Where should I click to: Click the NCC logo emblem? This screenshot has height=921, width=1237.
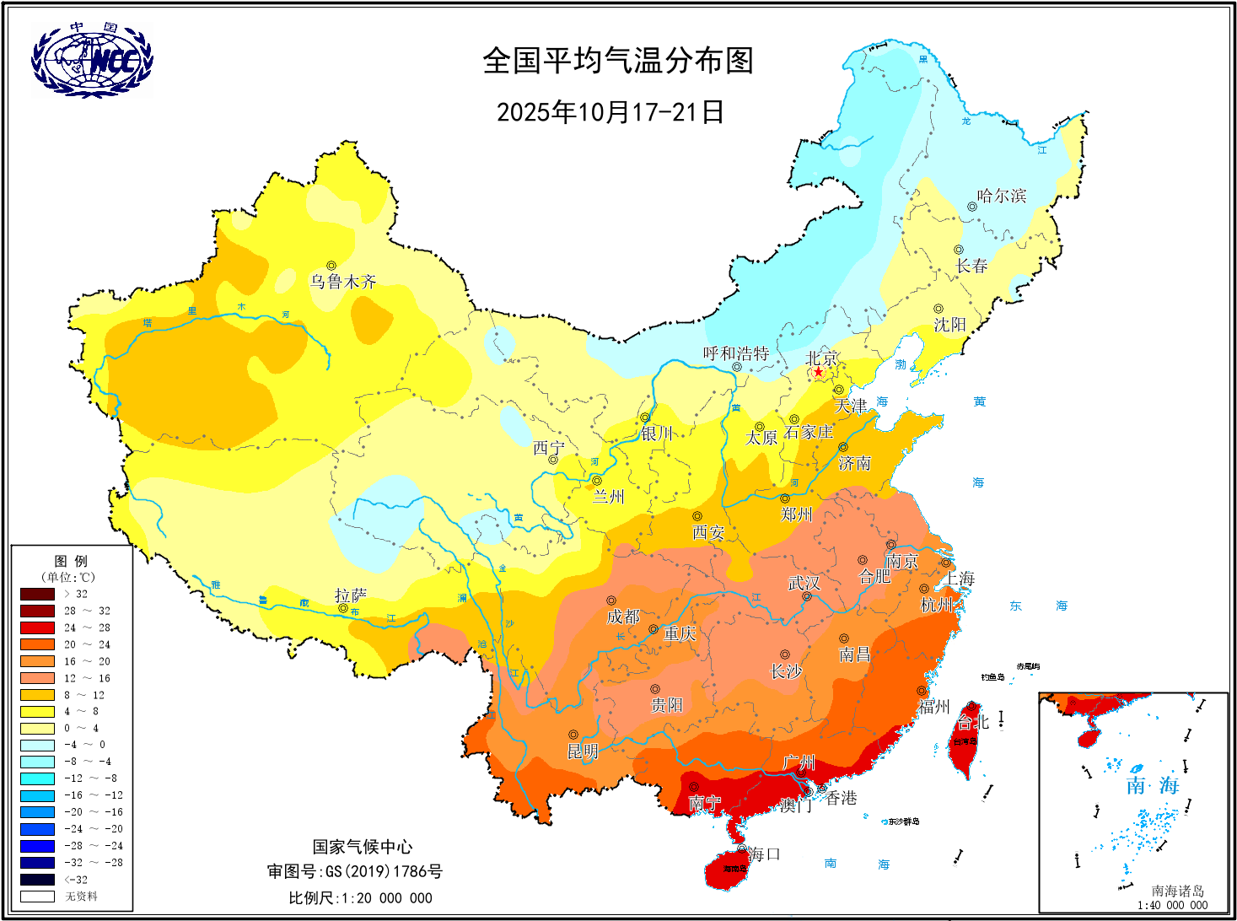coord(92,60)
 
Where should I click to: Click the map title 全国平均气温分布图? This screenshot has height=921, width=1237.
coord(617,61)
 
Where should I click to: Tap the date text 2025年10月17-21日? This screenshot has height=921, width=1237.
coord(610,111)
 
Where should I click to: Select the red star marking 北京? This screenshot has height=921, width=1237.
coord(818,372)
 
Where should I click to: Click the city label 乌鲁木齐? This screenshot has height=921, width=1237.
coord(342,282)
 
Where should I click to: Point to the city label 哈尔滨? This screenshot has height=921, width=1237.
coord(1002,196)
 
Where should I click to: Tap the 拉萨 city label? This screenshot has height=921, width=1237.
coord(350,595)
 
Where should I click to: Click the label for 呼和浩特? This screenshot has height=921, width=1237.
coord(736,353)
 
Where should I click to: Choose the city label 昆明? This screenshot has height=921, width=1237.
coord(583,751)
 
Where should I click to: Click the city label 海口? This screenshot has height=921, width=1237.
coord(764,854)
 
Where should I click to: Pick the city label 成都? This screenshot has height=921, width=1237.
coord(623,617)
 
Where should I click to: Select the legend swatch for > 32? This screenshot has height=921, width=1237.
coord(37,594)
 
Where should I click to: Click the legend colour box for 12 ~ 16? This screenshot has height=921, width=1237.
coord(37,678)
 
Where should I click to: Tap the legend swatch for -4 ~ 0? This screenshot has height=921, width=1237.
coord(37,745)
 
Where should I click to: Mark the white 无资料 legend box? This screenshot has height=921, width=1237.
coord(37,897)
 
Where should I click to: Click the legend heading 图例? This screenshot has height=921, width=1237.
coord(71,561)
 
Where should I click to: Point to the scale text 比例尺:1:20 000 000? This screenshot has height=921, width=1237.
coord(360,898)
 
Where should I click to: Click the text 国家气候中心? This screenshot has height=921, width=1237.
coord(363,847)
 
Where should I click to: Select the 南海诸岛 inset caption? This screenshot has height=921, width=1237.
coord(1177,891)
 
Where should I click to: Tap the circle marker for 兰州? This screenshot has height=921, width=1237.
coord(596,481)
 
